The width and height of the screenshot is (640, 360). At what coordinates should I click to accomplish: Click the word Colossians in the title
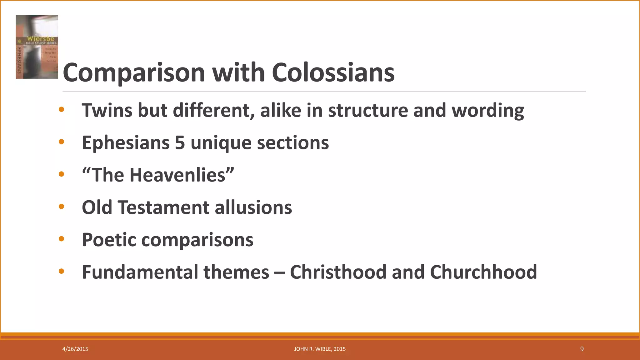tap(333, 72)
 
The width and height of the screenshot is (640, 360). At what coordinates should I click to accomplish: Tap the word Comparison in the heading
tap(134, 73)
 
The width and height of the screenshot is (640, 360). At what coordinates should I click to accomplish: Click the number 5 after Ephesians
tap(180, 143)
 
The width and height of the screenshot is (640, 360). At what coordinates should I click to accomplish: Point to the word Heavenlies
tap(177, 175)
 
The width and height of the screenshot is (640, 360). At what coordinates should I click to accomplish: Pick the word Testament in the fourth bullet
tap(163, 207)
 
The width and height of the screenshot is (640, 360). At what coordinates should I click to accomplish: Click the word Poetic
tap(109, 240)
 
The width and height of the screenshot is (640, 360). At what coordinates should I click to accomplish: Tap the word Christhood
tap(338, 272)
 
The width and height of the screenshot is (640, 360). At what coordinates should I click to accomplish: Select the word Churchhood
tap(483, 272)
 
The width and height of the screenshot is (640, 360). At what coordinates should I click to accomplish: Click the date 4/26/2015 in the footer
tap(75, 349)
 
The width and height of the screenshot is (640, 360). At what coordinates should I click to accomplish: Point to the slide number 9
tap(582, 349)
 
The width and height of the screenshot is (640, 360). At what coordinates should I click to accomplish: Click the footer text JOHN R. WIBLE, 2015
tap(320, 349)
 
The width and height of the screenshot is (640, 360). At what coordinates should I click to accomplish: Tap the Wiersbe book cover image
tap(37, 47)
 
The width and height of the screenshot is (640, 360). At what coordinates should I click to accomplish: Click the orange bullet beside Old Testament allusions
tap(61, 207)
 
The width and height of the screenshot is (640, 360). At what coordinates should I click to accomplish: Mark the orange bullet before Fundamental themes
tap(61, 271)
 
